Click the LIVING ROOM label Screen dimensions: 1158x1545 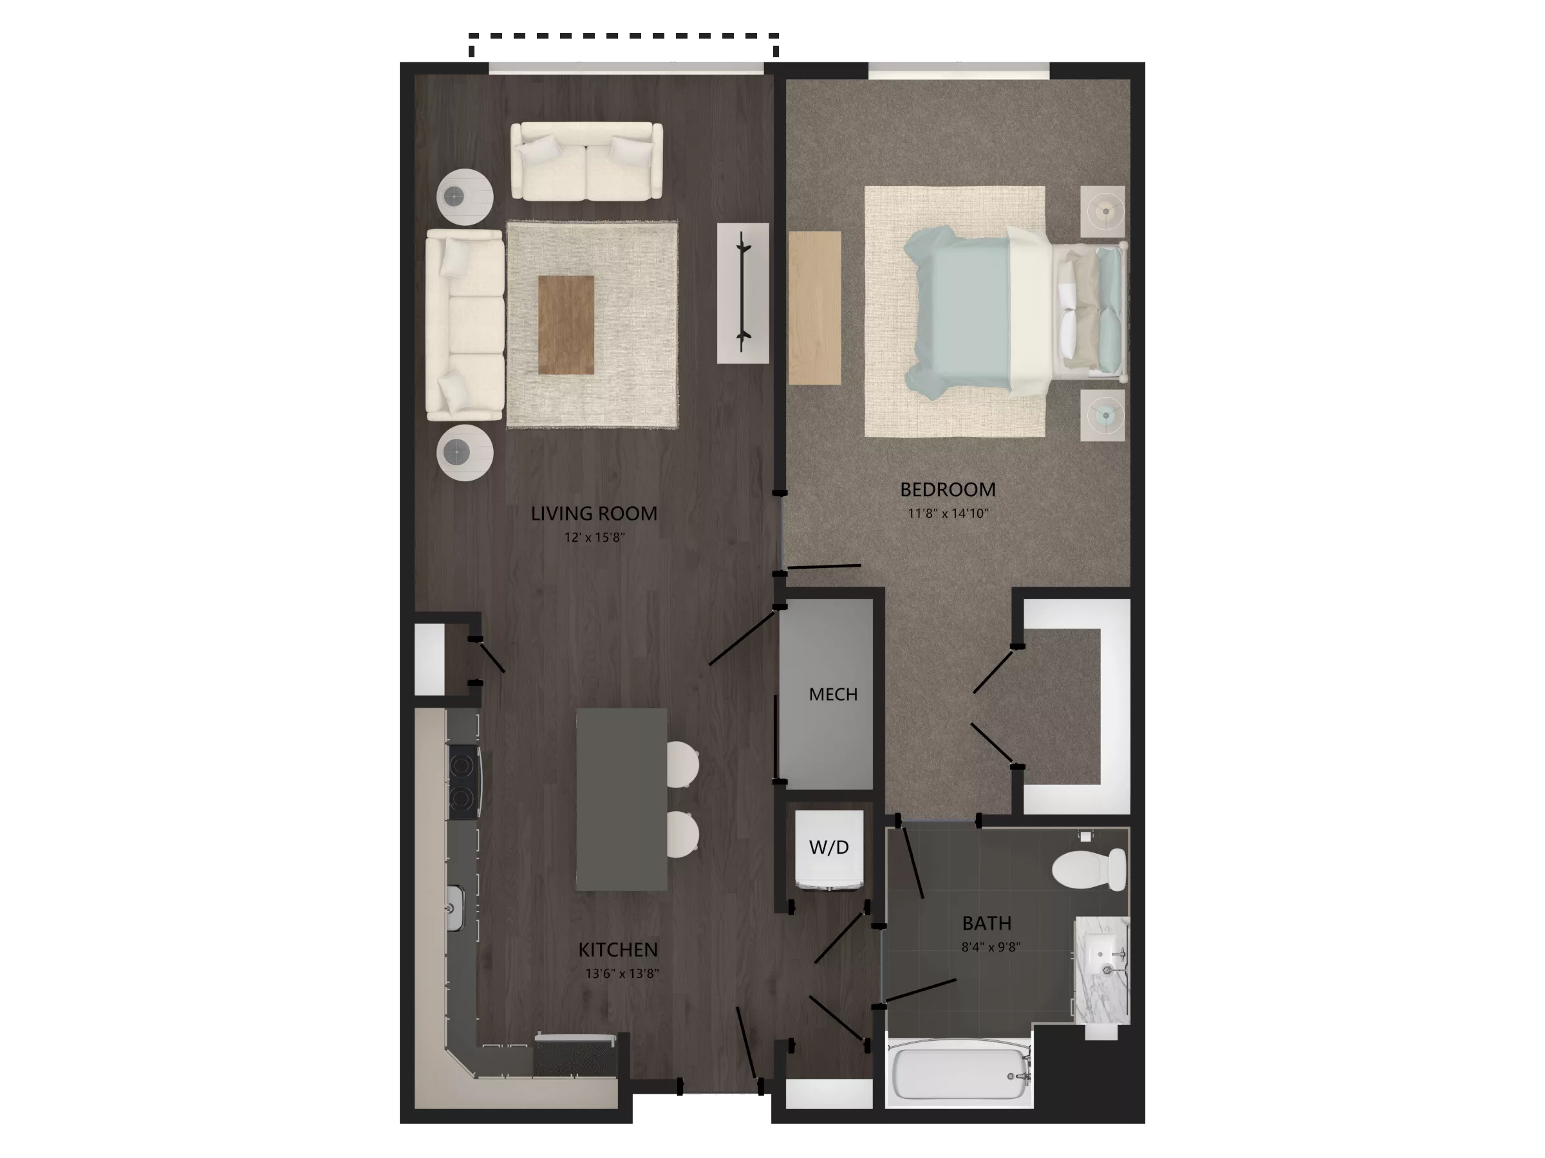point(594,514)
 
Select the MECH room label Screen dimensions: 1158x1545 point(832,695)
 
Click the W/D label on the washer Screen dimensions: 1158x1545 point(829,847)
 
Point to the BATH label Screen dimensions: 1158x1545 point(986,923)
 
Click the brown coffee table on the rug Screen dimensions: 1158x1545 point(566,325)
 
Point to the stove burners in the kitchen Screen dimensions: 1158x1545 point(462,781)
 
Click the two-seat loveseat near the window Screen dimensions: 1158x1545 point(586,162)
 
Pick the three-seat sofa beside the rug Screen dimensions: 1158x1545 point(465,326)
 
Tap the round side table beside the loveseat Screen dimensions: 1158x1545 point(465,198)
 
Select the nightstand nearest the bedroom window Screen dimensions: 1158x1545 point(1103,211)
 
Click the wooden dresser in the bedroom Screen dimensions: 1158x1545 point(814,308)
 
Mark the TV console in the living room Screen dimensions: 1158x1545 point(743,293)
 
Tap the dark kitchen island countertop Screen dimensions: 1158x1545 point(621,799)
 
